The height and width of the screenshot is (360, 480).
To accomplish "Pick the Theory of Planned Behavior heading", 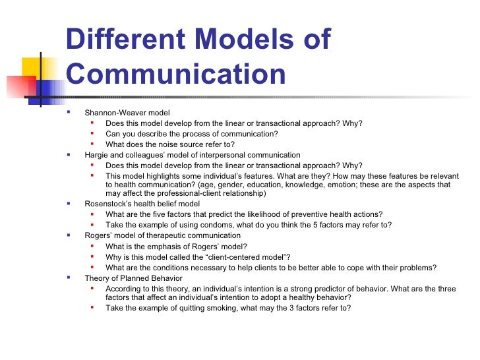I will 133,278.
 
